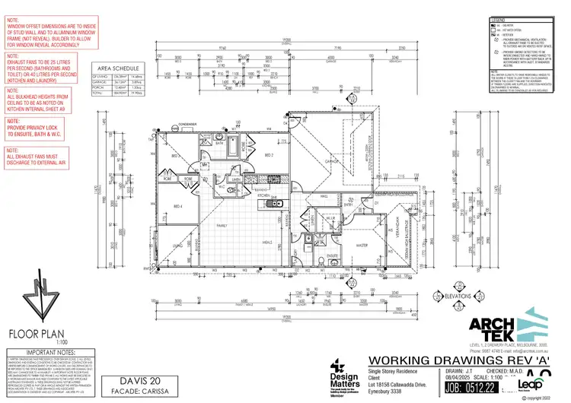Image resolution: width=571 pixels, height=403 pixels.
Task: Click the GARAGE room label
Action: coord(333,162)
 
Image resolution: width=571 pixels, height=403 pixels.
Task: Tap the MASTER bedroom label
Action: coord(362,245)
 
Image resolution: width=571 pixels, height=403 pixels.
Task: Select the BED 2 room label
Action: coord(268,155)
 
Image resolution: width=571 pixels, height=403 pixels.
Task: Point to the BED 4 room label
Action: coord(177,206)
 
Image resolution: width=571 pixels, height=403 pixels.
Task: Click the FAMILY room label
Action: coord(224,226)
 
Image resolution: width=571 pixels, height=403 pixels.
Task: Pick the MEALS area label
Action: coord(268,243)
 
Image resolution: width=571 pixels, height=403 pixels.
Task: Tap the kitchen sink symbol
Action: coord(279,202)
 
